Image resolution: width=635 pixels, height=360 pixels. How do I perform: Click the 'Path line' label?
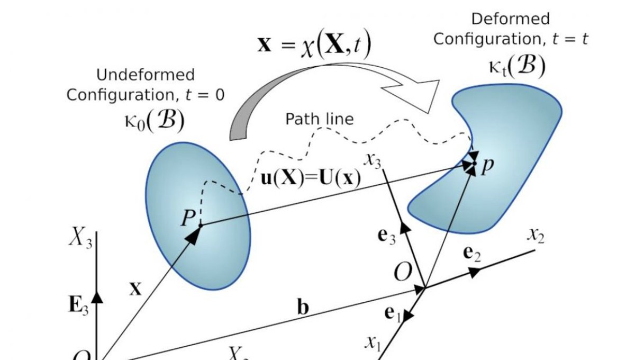[319, 119]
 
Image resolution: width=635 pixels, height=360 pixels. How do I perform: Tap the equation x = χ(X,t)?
[314, 45]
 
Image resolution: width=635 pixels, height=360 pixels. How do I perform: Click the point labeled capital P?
[200, 226]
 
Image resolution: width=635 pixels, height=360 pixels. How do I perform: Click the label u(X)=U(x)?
[311, 178]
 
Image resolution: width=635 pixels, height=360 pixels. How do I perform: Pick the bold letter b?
[302, 308]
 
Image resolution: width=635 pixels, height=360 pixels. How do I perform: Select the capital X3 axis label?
[81, 239]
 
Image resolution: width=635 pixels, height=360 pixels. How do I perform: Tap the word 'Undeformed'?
[145, 75]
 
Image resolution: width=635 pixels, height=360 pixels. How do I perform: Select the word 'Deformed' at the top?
[510, 19]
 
